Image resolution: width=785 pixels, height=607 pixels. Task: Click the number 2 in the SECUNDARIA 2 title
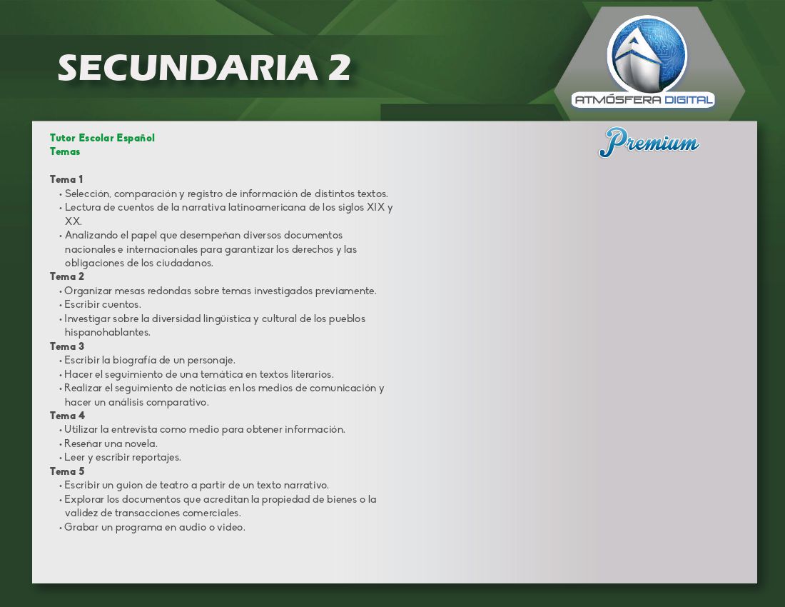click(340, 68)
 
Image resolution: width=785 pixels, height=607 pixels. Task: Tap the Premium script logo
click(649, 142)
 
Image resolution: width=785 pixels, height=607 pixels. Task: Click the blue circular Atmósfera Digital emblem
click(647, 56)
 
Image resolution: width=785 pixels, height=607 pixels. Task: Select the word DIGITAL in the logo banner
click(689, 100)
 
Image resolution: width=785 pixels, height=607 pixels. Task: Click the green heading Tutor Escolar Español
click(102, 138)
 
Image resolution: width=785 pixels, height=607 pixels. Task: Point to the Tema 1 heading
click(66, 179)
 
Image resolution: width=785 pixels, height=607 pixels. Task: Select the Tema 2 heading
click(66, 276)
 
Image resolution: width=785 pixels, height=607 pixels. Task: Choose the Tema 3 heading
click(66, 346)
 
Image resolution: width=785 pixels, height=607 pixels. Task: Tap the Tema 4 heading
click(67, 416)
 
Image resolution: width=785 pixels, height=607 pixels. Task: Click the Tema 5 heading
click(66, 471)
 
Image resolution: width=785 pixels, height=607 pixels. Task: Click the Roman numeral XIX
click(375, 207)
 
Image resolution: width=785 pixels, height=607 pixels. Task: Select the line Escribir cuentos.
click(103, 304)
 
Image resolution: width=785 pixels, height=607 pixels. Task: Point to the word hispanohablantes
click(107, 332)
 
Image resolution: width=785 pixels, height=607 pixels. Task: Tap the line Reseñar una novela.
click(111, 443)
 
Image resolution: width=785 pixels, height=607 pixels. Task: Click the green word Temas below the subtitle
click(64, 151)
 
